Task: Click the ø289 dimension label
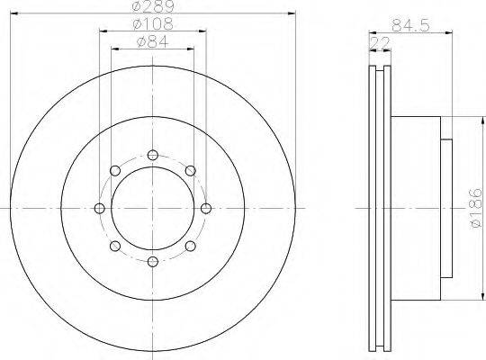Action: [x=153, y=6]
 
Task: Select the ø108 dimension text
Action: [x=152, y=24]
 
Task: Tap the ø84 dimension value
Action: [x=152, y=42]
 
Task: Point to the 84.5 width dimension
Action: [x=410, y=25]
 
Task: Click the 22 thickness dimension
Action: [x=380, y=43]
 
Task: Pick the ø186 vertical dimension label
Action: [x=476, y=209]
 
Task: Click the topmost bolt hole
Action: [x=153, y=155]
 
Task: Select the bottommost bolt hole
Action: [x=153, y=262]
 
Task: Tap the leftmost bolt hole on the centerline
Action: [x=99, y=209]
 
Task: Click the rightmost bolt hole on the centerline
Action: [x=206, y=209]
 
